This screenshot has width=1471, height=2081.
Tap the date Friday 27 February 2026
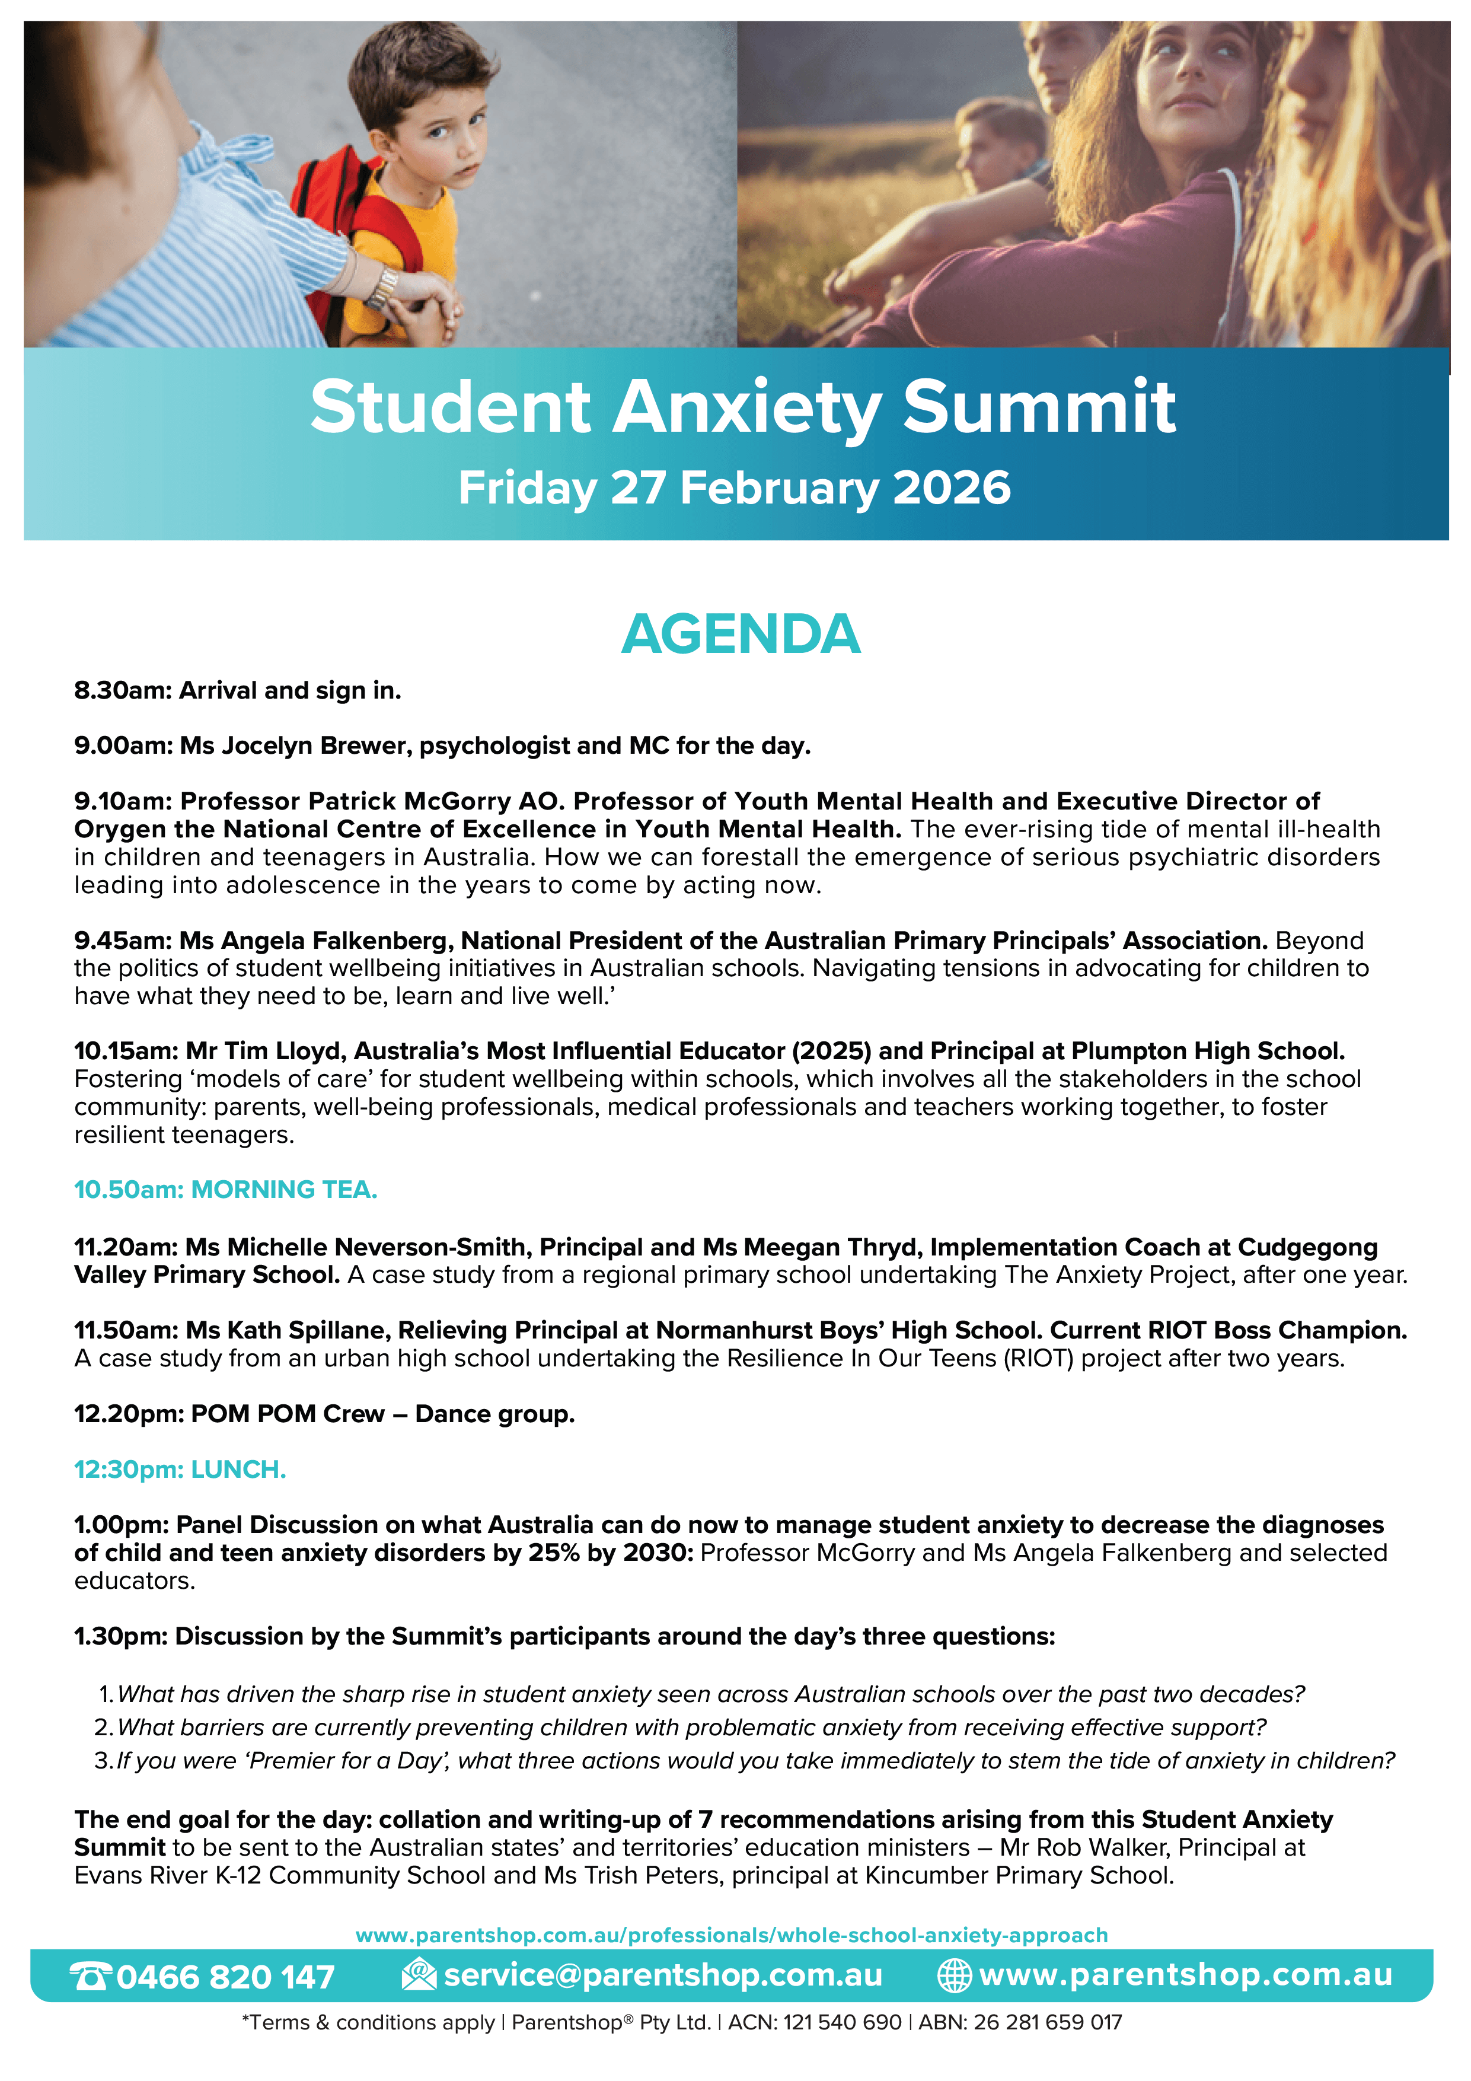[x=734, y=487]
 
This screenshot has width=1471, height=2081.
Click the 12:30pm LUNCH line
[x=180, y=1469]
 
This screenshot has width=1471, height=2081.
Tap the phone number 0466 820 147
[x=226, y=1977]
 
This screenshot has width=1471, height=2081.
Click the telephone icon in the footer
[x=91, y=1976]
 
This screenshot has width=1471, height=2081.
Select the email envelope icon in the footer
[x=419, y=1974]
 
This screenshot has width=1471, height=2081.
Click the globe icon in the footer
[x=953, y=1976]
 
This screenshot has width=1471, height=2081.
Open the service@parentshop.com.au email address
[x=662, y=1975]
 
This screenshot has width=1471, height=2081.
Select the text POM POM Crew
[x=288, y=1414]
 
